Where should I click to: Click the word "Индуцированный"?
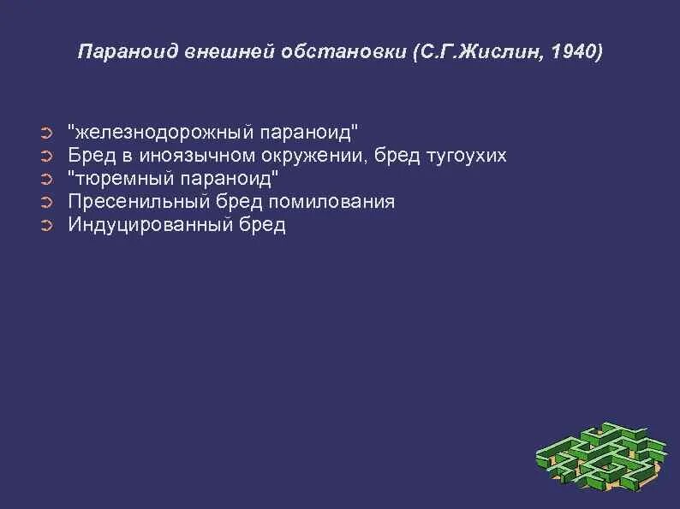coord(140,225)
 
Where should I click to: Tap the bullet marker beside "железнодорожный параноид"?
coord(47,133)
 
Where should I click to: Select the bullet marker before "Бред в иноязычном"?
coord(47,156)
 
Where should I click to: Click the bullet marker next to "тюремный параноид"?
coord(47,179)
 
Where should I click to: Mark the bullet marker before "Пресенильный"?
coord(47,202)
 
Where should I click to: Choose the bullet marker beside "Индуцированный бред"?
coord(47,225)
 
